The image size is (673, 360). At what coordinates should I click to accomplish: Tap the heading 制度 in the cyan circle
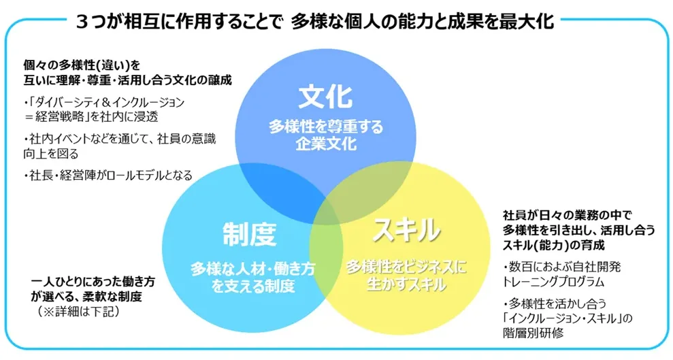(250, 234)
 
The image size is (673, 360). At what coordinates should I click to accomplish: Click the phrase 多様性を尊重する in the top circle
(325, 127)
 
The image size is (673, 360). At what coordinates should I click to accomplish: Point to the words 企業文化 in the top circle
(325, 144)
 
